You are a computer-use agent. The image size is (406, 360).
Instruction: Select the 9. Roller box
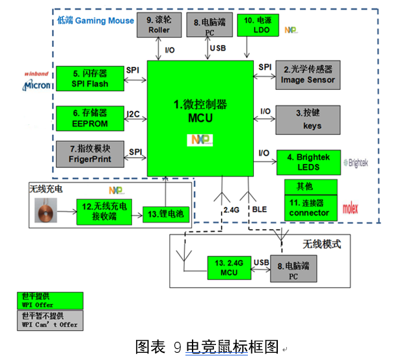(x=159, y=24)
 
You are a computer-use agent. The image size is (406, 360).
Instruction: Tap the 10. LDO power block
(x=258, y=24)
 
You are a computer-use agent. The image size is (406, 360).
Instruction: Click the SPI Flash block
(x=90, y=78)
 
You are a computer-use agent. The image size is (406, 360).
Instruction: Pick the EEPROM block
(x=90, y=118)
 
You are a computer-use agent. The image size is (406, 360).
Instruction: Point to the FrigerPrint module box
(x=90, y=154)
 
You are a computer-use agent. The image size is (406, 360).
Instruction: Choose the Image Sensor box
(x=308, y=74)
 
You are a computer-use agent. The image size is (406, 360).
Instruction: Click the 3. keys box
(x=308, y=120)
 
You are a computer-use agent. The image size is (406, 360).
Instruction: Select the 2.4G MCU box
(x=228, y=267)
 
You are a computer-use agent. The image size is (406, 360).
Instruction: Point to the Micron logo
(x=37, y=85)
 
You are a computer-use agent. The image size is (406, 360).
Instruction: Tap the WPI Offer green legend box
(x=49, y=300)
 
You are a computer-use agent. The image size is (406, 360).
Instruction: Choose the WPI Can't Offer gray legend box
(x=49, y=319)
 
